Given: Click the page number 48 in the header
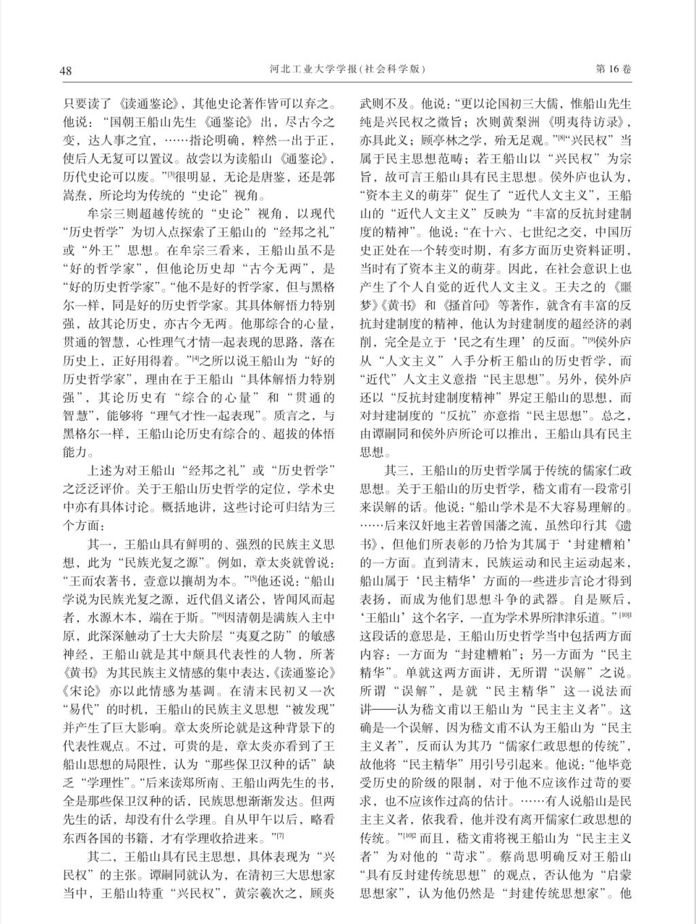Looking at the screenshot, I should (x=66, y=71).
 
